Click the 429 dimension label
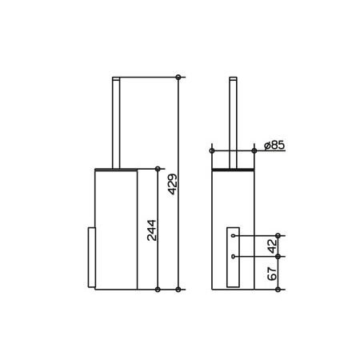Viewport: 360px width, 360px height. click(x=173, y=184)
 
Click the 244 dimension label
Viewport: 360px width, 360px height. click(x=152, y=230)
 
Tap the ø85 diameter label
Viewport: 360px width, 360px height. click(x=274, y=146)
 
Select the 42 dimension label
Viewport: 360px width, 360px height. click(x=272, y=246)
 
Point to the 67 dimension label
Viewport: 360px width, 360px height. click(x=272, y=274)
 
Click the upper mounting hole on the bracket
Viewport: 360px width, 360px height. click(x=234, y=236)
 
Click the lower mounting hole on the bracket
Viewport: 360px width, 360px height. click(x=234, y=257)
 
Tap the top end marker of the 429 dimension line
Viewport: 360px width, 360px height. click(x=178, y=78)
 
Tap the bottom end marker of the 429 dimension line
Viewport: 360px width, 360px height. click(x=178, y=290)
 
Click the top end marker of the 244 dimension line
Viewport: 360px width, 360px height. click(x=158, y=169)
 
